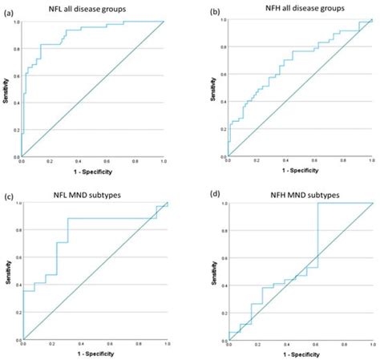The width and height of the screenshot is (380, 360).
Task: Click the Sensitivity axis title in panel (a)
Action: coord(6,88)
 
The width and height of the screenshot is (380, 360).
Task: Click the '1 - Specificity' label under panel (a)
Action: coord(92,172)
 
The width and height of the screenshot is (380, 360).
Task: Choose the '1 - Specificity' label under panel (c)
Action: coord(95,353)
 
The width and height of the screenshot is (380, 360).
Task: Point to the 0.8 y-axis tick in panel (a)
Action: coord(15,49)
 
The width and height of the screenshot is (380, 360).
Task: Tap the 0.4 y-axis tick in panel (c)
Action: coord(15,285)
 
